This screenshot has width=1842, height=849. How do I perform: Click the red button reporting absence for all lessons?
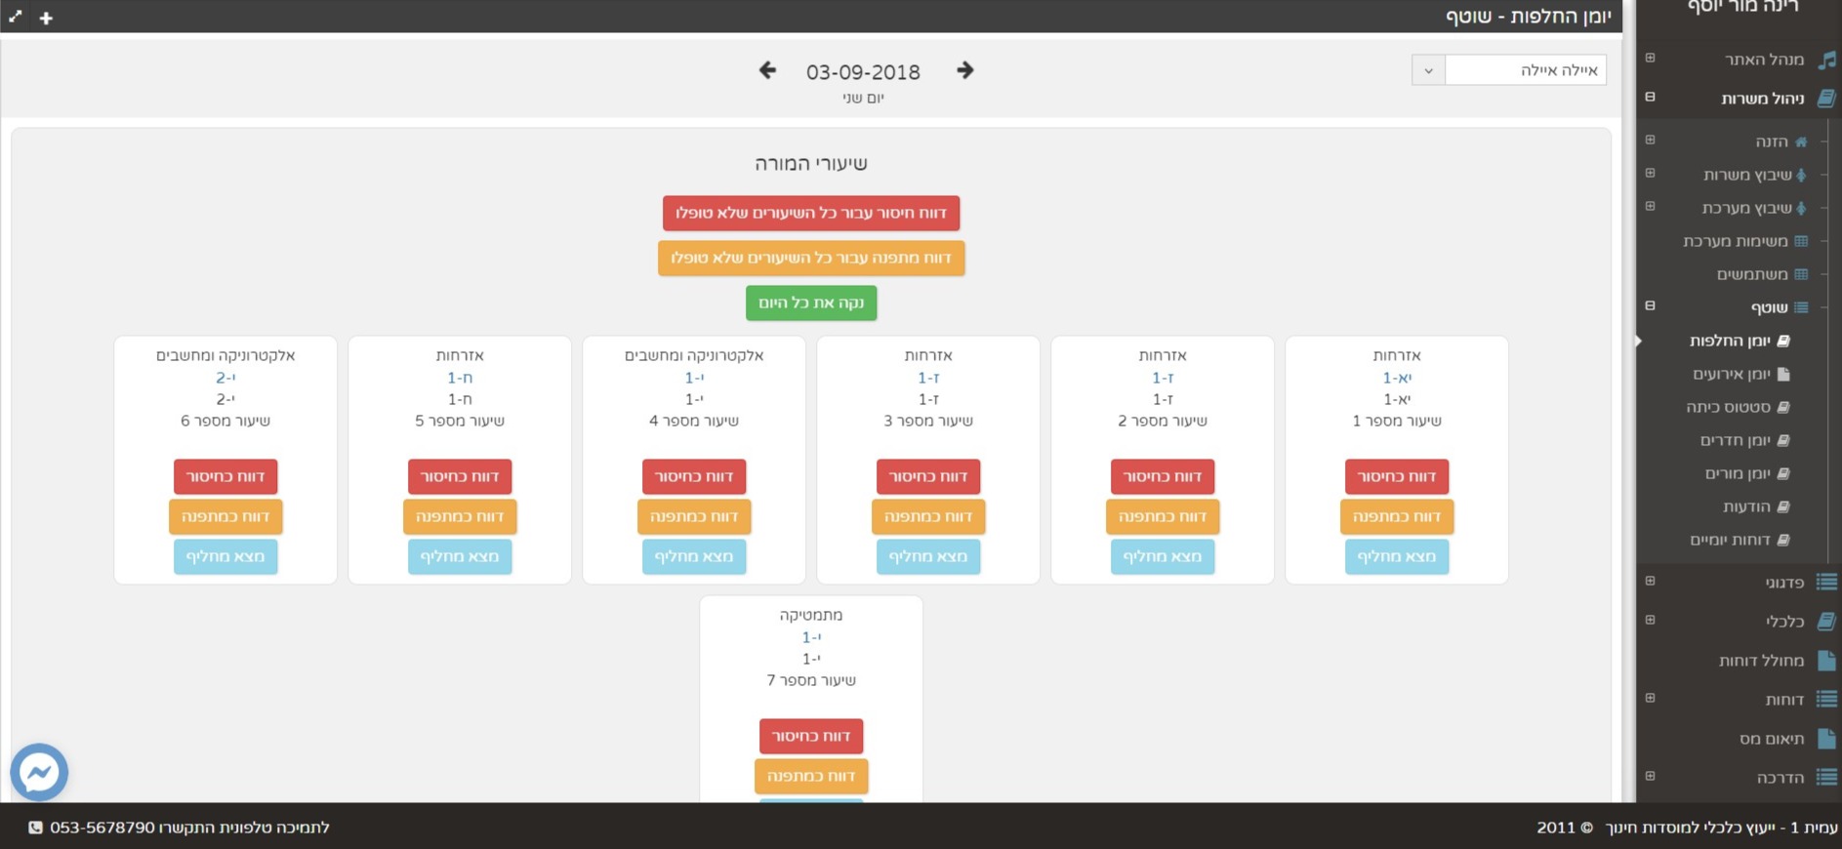pos(811,213)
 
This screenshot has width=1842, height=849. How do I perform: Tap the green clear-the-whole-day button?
pos(811,303)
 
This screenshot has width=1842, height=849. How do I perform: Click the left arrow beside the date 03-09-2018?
pos(767,70)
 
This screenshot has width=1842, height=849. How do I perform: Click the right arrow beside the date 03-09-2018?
pos(964,70)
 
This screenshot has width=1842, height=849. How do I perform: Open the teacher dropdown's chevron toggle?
pos(1428,70)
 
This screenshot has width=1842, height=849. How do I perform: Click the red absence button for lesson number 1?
pos(1397,476)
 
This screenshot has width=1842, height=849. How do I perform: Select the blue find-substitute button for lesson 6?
pos(225,556)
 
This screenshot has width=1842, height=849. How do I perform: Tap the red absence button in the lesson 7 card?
pos(811,736)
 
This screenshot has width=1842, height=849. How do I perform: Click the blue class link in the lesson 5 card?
pos(460,378)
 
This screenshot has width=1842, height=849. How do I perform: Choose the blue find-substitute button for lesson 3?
pos(928,556)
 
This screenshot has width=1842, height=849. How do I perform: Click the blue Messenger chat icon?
pos(39,773)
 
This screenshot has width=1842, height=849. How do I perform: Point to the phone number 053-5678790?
pos(102,828)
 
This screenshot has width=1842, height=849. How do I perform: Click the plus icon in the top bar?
pos(46,18)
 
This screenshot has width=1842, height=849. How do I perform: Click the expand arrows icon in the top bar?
pos(16,17)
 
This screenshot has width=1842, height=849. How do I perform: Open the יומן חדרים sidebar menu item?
pos(1736,440)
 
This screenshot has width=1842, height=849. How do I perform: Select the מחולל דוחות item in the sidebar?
pos(1762,661)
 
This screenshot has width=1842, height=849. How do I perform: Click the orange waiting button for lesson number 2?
pos(1163,516)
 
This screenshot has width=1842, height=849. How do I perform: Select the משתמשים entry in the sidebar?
pos(1753,274)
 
